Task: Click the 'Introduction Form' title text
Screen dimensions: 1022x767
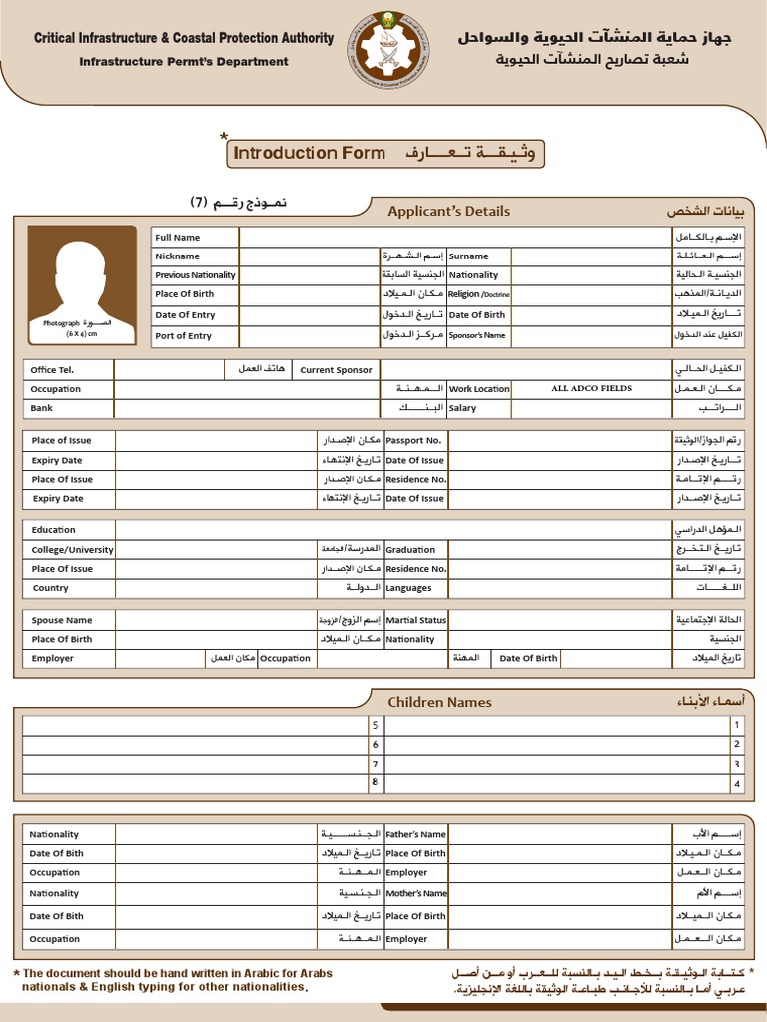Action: tap(309, 153)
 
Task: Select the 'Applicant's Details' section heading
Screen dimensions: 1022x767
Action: tap(448, 211)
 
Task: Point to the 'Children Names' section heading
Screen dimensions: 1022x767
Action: tap(439, 702)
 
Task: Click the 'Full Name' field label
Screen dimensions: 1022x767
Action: tap(178, 238)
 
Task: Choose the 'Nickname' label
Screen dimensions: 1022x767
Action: tap(178, 256)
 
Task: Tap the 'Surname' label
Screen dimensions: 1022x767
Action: tap(468, 256)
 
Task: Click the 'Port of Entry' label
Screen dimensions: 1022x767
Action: tap(184, 336)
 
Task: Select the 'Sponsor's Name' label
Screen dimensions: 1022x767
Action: tap(478, 336)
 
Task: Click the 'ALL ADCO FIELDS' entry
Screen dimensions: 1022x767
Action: tap(591, 388)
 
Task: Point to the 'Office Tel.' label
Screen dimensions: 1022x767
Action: tap(52, 370)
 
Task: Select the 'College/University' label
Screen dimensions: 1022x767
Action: tap(72, 550)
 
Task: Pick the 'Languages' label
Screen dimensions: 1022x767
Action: tap(408, 588)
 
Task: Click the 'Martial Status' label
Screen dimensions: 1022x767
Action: tap(416, 620)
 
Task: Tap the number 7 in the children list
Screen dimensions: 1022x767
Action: tap(376, 764)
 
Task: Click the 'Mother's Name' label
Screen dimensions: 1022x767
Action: tap(416, 894)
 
